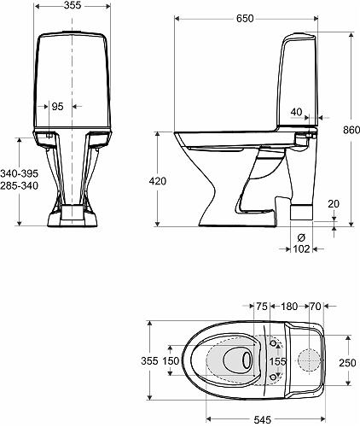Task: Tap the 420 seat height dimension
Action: [158, 181]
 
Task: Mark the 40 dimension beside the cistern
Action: [295, 110]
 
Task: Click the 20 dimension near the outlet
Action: [332, 203]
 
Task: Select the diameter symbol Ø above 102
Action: [300, 237]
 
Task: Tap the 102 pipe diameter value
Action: [300, 249]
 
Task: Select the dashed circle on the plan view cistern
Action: [307, 360]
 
